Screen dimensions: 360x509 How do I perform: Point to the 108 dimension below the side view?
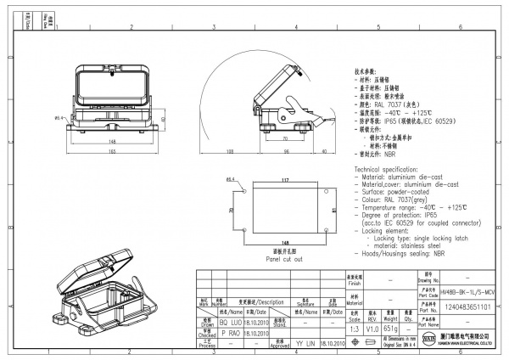click(x=230, y=150)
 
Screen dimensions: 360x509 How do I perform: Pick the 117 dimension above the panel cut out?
click(x=285, y=180)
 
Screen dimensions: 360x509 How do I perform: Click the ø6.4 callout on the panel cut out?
click(x=231, y=181)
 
